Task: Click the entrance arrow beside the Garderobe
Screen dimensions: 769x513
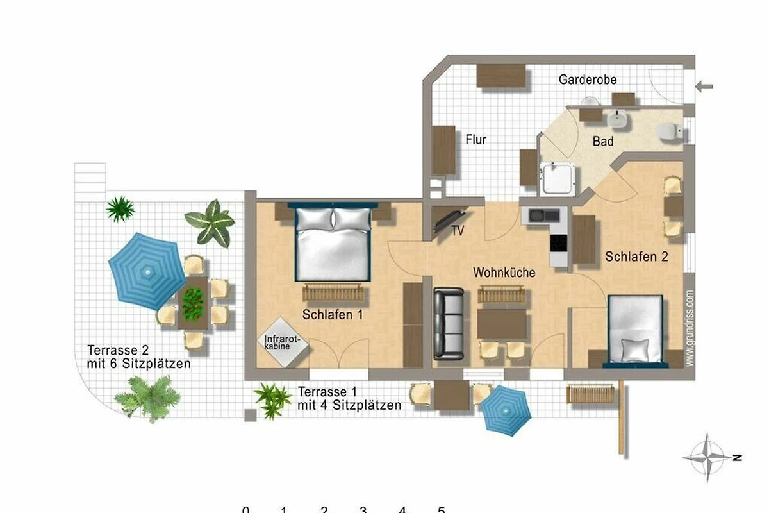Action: (x=704, y=86)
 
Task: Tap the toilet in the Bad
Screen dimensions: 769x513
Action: (x=670, y=132)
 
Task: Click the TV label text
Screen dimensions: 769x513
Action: (x=458, y=231)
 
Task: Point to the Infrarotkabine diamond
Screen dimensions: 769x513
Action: (x=283, y=342)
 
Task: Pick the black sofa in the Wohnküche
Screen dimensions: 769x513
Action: (x=449, y=324)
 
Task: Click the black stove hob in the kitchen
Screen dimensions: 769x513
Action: (x=559, y=243)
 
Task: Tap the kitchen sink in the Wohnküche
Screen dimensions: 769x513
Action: (x=544, y=215)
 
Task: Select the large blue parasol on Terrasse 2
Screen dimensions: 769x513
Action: (x=147, y=271)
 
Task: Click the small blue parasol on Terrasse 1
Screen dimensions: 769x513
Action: (x=506, y=410)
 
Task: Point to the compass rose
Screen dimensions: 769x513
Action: (x=707, y=458)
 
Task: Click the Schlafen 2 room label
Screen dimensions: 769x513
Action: (x=636, y=256)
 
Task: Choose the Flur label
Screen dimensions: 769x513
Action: (x=475, y=140)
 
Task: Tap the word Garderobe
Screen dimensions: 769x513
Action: (x=588, y=80)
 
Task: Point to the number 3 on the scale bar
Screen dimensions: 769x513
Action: (x=363, y=509)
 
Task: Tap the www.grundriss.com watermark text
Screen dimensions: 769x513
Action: (x=690, y=328)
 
